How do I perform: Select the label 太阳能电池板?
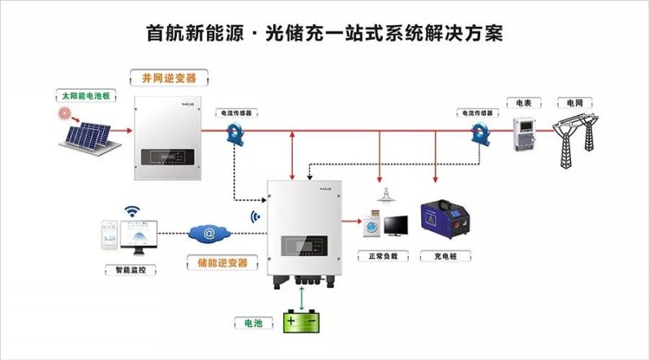(85, 97)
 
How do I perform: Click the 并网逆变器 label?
(169, 78)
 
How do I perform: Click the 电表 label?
(524, 103)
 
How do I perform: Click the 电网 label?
(575, 103)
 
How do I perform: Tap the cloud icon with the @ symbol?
(209, 234)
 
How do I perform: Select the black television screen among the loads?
(397, 225)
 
